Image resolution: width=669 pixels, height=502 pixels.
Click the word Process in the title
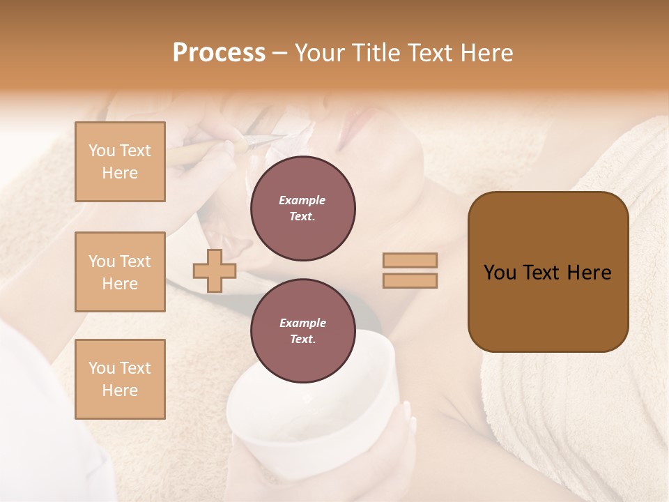tap(219, 53)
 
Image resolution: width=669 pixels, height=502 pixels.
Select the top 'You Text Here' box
tap(120, 162)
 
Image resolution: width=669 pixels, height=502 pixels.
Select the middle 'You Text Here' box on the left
tap(120, 272)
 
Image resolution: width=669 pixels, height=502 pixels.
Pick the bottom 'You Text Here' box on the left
tap(120, 379)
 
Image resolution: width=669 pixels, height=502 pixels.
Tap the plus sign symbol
tap(215, 271)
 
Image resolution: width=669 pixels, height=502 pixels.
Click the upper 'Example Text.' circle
tap(303, 208)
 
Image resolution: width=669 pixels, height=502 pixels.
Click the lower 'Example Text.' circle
tap(303, 331)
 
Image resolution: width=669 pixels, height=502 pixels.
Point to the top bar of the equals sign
tap(410, 260)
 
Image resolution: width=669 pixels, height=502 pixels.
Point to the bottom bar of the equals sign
tap(410, 280)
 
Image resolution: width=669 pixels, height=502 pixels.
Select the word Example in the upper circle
tap(302, 200)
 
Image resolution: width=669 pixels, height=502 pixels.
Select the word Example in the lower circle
tap(302, 323)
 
